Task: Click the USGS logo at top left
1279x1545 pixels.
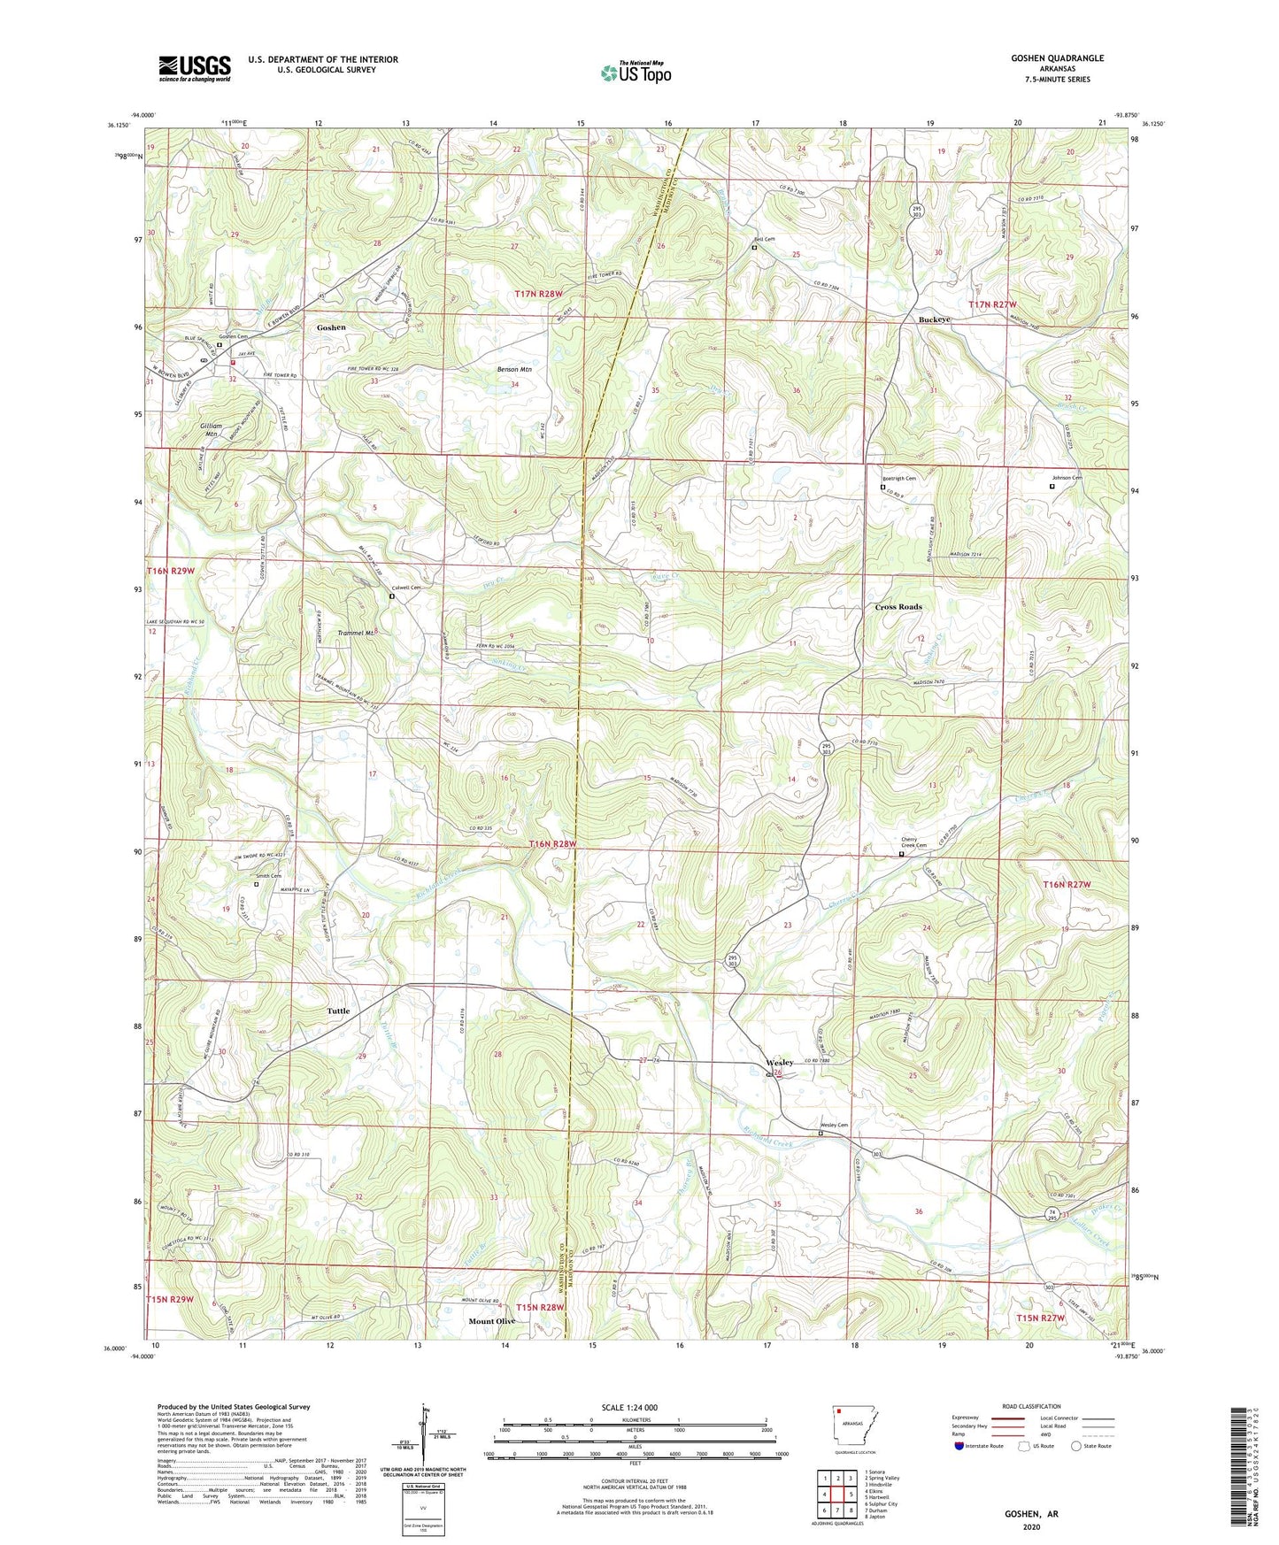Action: pyautogui.click(x=195, y=68)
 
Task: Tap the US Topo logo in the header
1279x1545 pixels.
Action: pyautogui.click(x=636, y=73)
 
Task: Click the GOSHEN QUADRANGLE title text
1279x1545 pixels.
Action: pyautogui.click(x=1057, y=58)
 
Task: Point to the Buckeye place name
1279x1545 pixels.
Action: pyautogui.click(x=934, y=319)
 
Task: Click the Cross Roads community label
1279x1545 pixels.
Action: pyautogui.click(x=898, y=607)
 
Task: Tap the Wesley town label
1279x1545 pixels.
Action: pyautogui.click(x=780, y=1063)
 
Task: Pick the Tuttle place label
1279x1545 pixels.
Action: pyautogui.click(x=338, y=1011)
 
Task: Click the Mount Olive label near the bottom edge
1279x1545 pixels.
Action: pyautogui.click(x=492, y=1321)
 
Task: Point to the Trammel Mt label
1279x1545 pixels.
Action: pyautogui.click(x=358, y=634)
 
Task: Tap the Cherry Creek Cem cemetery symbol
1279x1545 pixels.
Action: pyautogui.click(x=902, y=855)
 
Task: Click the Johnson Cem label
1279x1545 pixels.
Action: pyautogui.click(x=1067, y=478)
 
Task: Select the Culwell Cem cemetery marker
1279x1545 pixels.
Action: pyautogui.click(x=392, y=596)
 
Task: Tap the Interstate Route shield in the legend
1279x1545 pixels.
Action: pyautogui.click(x=960, y=1446)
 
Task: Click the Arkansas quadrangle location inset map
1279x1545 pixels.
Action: pyautogui.click(x=853, y=1426)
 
